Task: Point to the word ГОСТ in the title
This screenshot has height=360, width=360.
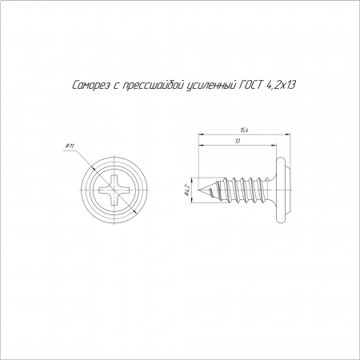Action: coord(249,86)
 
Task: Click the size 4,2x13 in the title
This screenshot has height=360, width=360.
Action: coord(282,86)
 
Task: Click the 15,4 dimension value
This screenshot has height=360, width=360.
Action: coord(242,131)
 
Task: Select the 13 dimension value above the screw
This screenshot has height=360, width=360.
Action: coord(238,142)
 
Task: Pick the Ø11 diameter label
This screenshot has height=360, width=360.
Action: coord(70,146)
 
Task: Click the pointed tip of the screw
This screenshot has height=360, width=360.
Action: coord(198,190)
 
